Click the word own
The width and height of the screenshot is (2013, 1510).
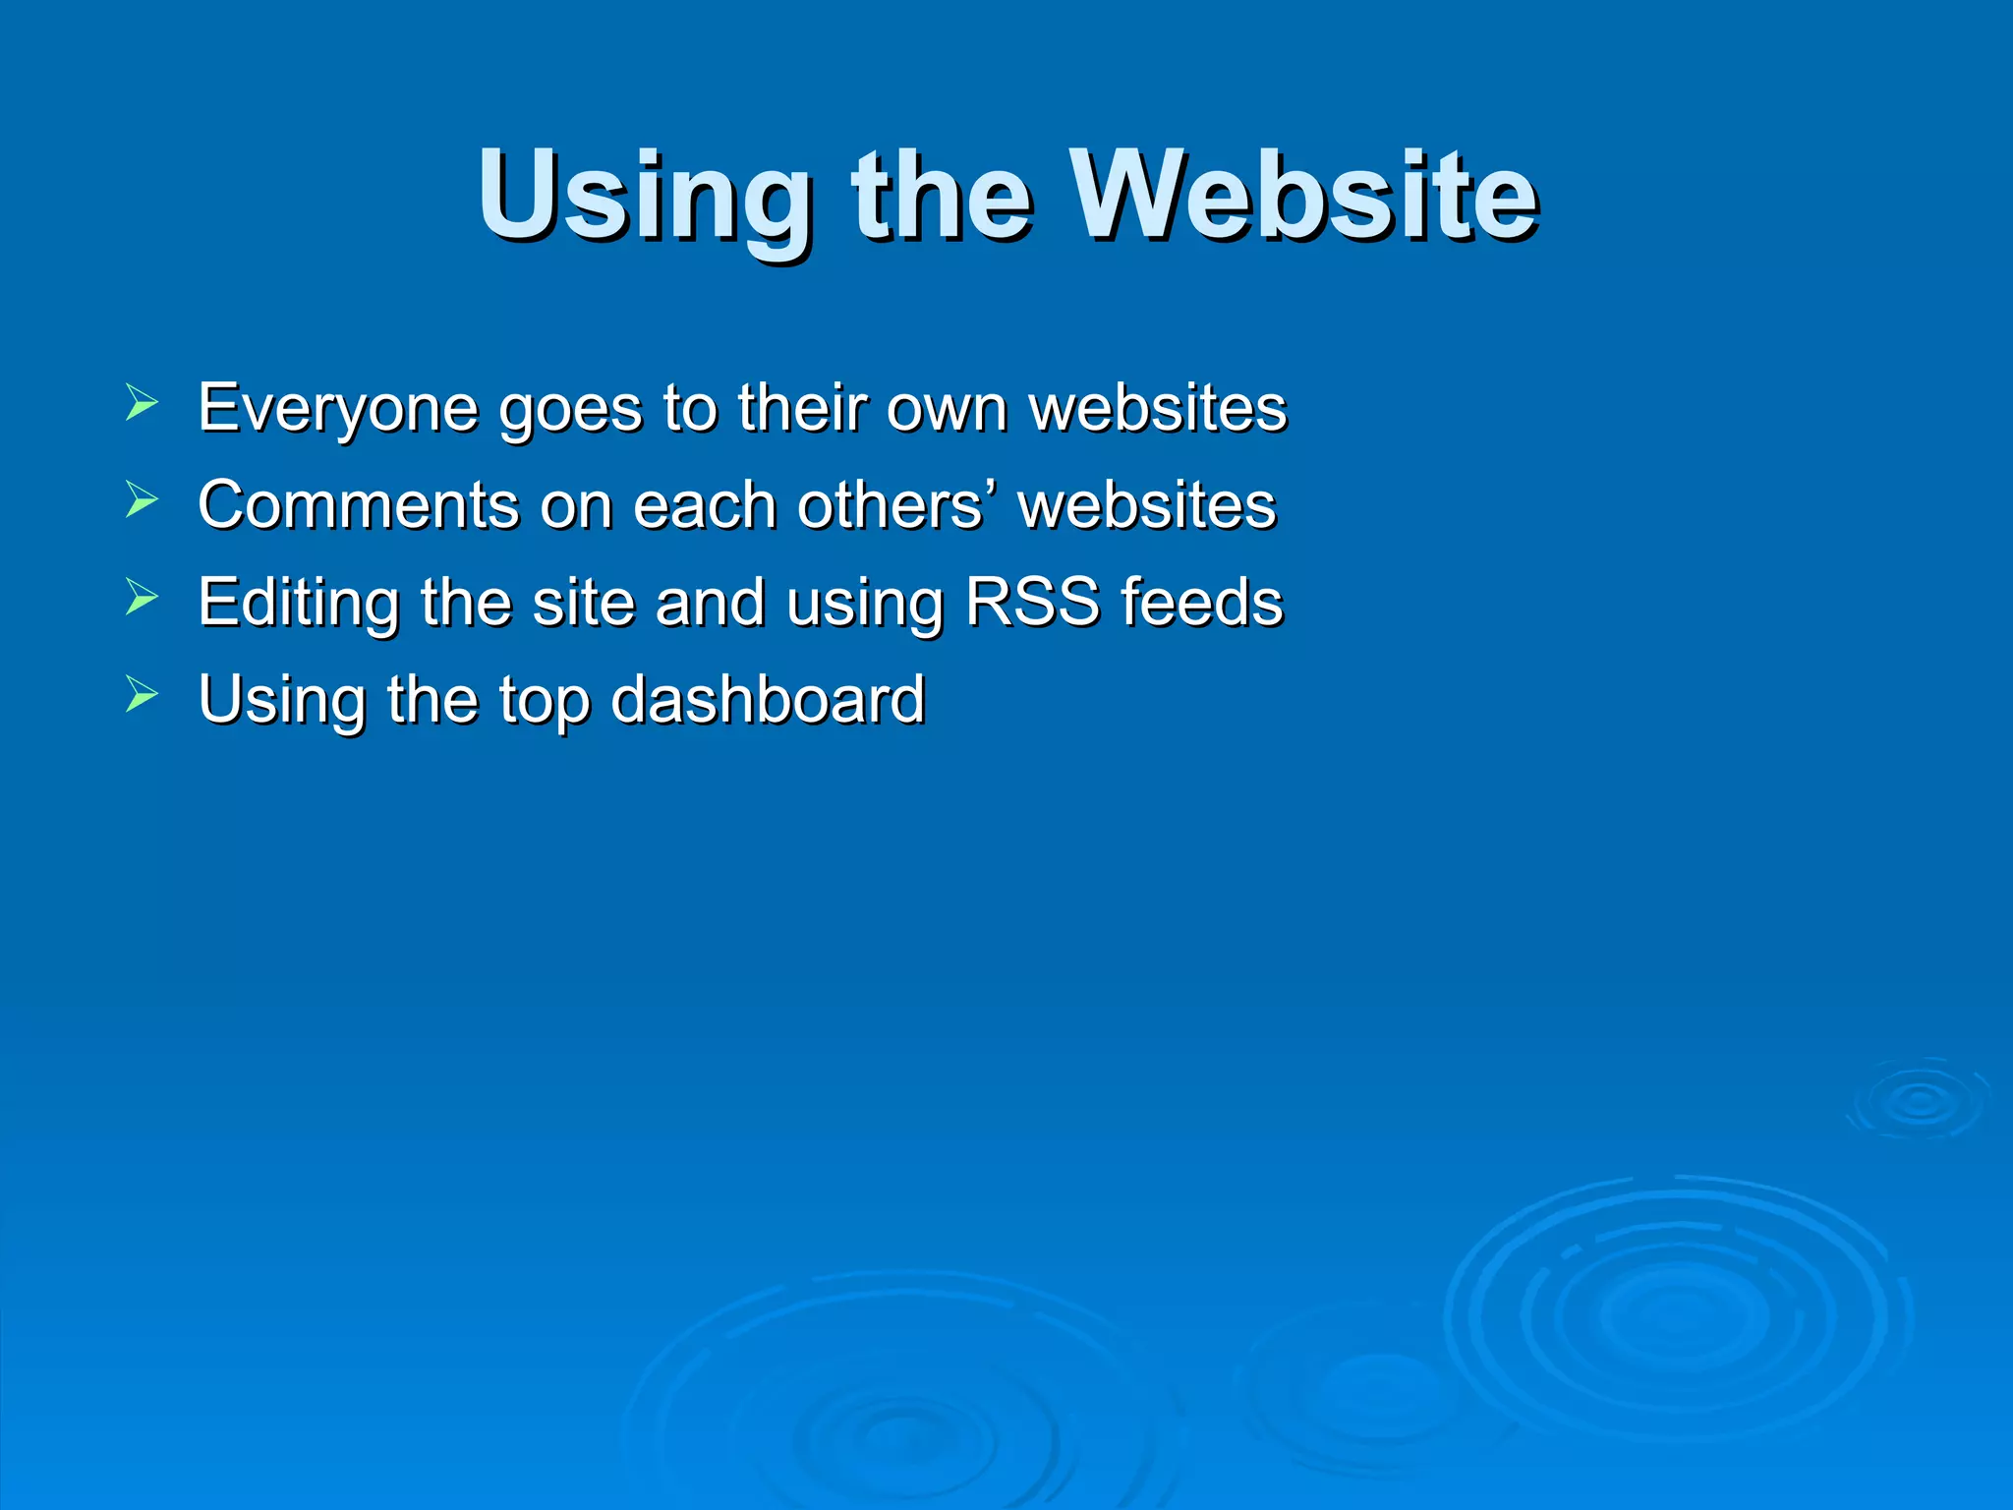[x=947, y=409]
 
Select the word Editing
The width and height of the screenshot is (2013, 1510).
[x=298, y=602]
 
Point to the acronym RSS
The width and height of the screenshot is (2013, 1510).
[x=1032, y=602]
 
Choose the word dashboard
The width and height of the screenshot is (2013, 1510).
[x=768, y=699]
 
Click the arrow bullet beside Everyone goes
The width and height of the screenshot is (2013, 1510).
[x=142, y=403]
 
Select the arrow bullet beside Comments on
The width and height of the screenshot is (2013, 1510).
[x=142, y=500]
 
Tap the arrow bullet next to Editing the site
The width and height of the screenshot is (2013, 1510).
[x=142, y=598]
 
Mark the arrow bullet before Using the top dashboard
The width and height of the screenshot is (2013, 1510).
[x=142, y=695]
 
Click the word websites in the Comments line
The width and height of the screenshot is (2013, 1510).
[x=1147, y=504]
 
